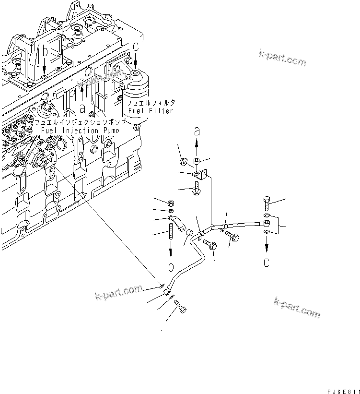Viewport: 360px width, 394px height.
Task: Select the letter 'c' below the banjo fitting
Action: click(x=267, y=262)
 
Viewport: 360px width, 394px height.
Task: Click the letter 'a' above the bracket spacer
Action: click(x=197, y=131)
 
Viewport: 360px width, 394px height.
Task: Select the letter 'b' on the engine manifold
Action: click(x=45, y=51)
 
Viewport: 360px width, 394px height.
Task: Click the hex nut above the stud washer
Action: click(x=171, y=202)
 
